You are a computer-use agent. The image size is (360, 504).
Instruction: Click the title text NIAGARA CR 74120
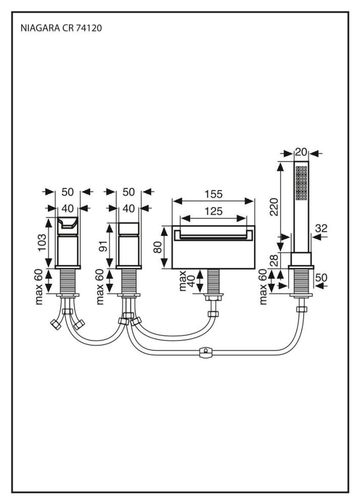click(x=61, y=29)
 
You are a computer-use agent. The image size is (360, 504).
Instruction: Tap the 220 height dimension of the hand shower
click(x=273, y=206)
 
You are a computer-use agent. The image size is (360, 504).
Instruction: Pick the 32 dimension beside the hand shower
click(x=321, y=228)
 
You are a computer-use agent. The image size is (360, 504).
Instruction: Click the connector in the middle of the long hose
click(x=205, y=352)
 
